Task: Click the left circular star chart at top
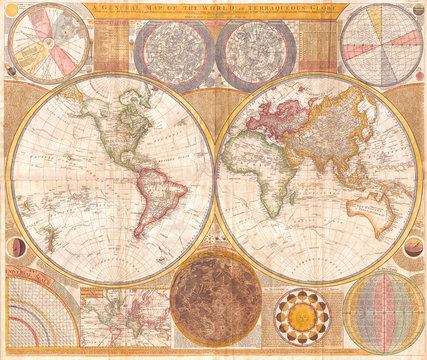tap(173, 51)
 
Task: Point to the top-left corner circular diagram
tap(47, 45)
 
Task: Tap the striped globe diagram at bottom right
tap(384, 313)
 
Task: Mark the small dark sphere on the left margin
tap(12, 244)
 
